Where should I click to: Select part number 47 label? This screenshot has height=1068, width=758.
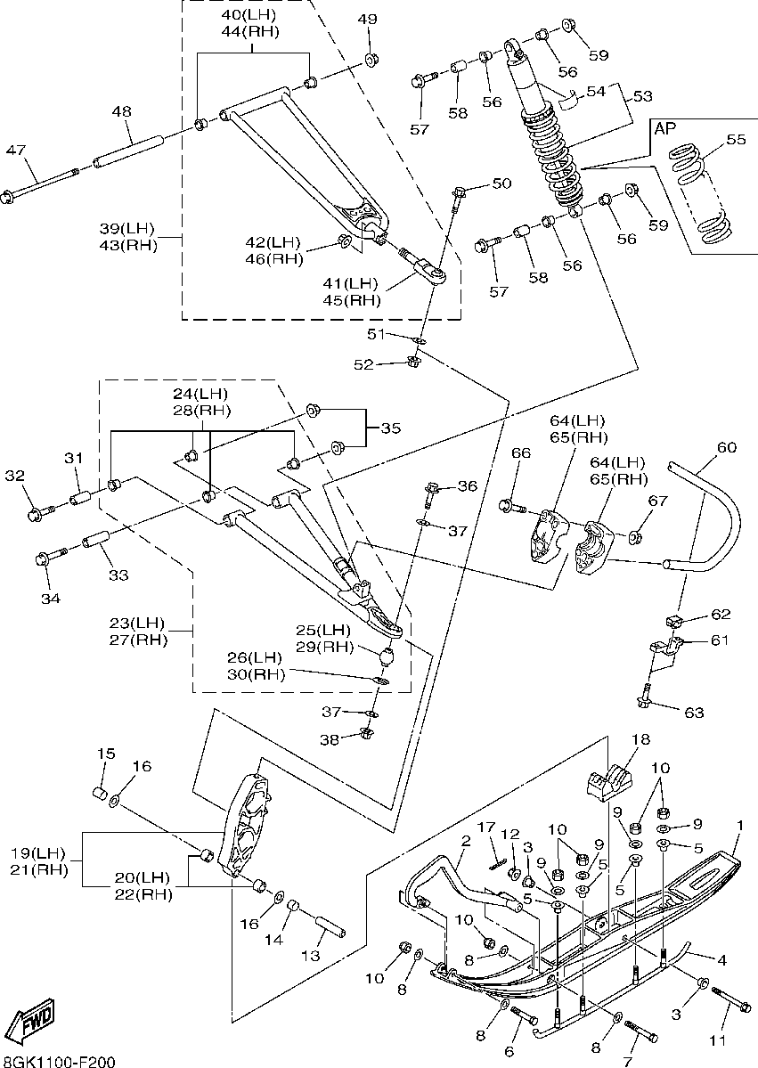tap(16, 150)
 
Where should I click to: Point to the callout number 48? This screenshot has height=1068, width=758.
tap(121, 111)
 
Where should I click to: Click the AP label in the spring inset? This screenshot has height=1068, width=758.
tap(665, 128)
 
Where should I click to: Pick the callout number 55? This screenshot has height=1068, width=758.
tap(735, 140)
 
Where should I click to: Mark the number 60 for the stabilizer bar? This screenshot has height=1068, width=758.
tap(727, 447)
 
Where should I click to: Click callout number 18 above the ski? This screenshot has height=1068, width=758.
tap(640, 739)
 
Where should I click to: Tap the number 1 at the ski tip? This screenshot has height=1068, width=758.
tap(738, 826)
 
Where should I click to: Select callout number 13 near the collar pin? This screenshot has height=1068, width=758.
tap(310, 956)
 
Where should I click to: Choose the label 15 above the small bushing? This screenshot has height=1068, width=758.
tap(106, 754)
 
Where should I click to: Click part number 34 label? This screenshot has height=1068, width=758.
tap(50, 599)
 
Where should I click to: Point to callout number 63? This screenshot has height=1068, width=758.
tap(694, 713)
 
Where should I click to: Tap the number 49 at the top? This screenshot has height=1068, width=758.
tap(367, 20)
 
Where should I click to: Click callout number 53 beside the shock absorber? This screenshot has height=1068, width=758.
tap(642, 95)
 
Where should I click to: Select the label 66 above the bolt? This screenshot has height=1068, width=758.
tap(520, 453)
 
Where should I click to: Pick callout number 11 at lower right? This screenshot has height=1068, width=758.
tap(718, 1040)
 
